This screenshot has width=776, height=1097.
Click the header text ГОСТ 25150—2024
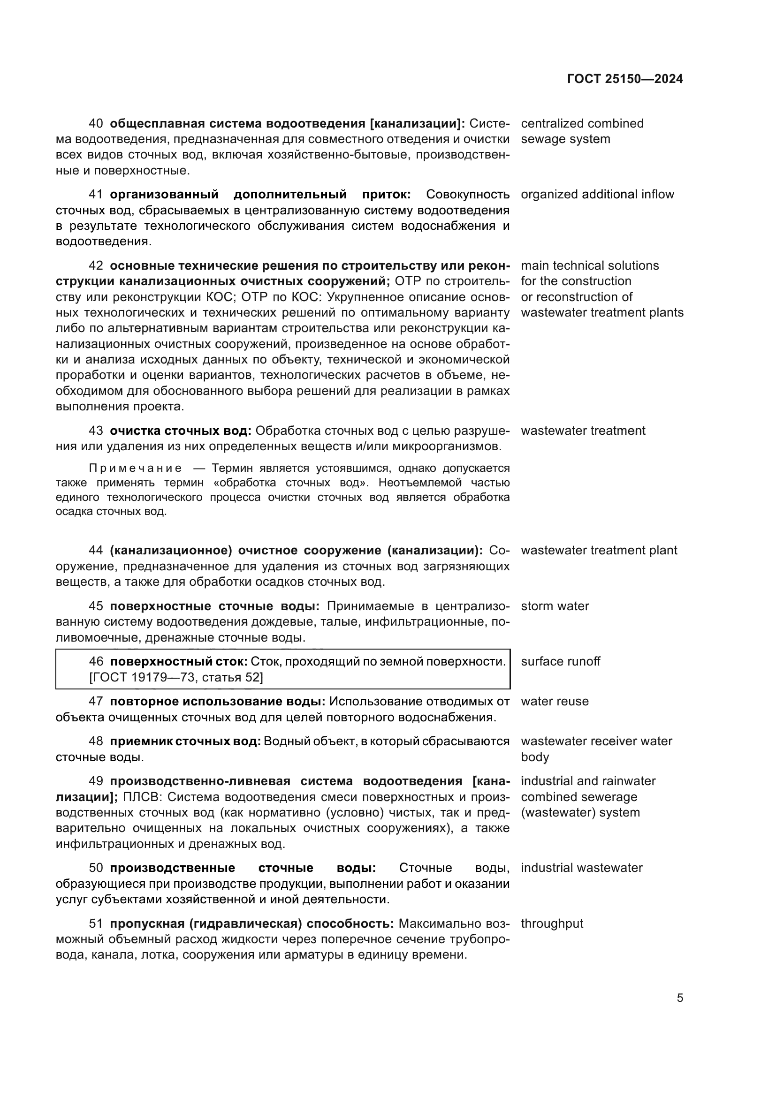pyautogui.click(x=625, y=79)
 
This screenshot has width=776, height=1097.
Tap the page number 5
pyautogui.click(x=680, y=998)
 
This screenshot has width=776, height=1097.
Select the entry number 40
pyautogui.click(x=96, y=123)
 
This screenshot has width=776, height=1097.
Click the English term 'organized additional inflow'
pyautogui.click(x=597, y=195)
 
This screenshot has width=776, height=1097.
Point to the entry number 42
pyautogui.click(x=96, y=265)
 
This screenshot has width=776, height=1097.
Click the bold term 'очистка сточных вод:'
pyautogui.click(x=181, y=431)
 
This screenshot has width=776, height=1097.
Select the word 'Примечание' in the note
pyautogui.click(x=135, y=468)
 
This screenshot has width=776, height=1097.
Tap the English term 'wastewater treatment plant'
pyautogui.click(x=599, y=550)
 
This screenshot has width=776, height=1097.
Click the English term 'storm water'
pyautogui.click(x=555, y=606)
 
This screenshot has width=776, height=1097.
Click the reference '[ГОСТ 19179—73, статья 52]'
pyautogui.click(x=176, y=677)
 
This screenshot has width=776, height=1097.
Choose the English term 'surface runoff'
pyautogui.click(x=561, y=661)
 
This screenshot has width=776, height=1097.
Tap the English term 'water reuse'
pyautogui.click(x=555, y=701)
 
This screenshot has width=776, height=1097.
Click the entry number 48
pyautogui.click(x=96, y=741)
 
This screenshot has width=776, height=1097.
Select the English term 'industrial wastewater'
pyautogui.click(x=581, y=868)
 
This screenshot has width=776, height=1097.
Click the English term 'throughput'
pyautogui.click(x=552, y=923)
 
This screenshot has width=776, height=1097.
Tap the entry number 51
pyautogui.click(x=96, y=923)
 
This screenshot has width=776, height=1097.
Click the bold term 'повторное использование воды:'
pyautogui.click(x=217, y=701)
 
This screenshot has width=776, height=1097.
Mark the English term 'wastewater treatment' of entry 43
pyautogui.click(x=583, y=431)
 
